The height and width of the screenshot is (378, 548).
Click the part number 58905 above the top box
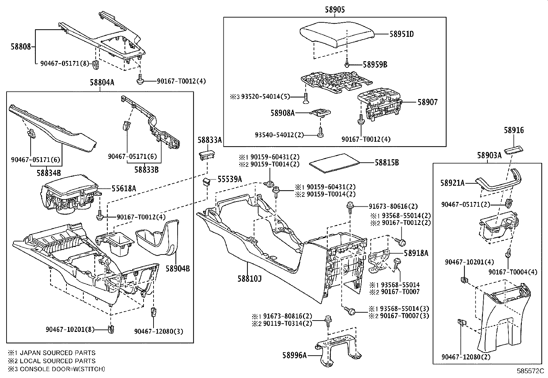[x=335, y=10]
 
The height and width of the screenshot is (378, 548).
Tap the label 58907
[x=428, y=102]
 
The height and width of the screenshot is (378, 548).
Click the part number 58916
[x=514, y=130]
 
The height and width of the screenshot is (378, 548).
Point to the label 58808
[x=20, y=47]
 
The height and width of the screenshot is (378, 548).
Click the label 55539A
[x=230, y=179]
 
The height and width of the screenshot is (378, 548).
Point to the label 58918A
[x=416, y=253]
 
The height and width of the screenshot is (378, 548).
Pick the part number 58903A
[x=489, y=156]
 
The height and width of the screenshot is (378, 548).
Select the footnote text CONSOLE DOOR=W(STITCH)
[x=62, y=369]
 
